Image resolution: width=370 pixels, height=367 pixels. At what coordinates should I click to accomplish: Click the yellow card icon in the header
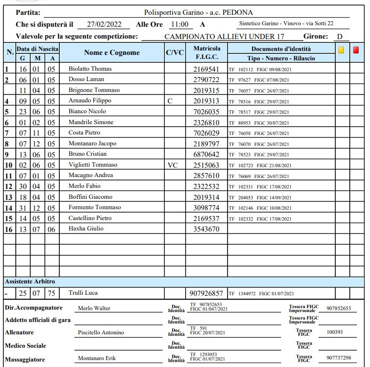[x=341, y=49]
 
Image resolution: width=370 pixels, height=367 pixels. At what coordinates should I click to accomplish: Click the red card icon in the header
[x=356, y=49]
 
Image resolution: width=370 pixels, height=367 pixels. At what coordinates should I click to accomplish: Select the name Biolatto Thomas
[x=90, y=69]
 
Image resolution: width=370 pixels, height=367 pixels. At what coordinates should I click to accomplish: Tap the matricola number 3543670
[x=206, y=229]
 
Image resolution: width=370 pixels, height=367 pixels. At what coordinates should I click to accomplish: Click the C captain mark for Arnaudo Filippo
[x=170, y=101]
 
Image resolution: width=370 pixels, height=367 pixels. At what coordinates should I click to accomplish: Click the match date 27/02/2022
[x=104, y=24]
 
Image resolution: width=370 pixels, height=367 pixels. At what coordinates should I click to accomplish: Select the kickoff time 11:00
[x=179, y=24]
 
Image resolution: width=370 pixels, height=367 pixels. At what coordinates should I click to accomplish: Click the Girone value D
[x=339, y=37]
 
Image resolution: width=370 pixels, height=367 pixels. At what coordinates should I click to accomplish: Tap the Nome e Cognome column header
[x=112, y=53]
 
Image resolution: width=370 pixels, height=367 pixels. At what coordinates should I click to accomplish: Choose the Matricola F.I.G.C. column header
[x=207, y=53]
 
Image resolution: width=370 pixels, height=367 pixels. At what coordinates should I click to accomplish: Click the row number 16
[x=8, y=229]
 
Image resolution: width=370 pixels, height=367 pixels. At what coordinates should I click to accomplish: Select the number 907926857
[x=207, y=293]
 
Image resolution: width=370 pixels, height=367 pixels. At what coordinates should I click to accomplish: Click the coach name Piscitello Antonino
[x=101, y=332]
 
